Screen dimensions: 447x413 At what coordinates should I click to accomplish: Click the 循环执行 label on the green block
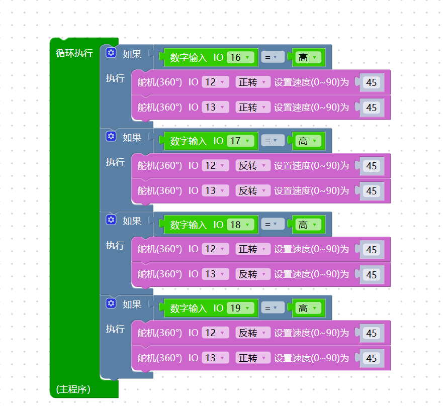[74, 53]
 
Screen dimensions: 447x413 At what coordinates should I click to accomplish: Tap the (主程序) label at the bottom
[73, 389]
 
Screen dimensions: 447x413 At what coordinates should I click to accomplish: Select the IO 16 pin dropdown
[240, 58]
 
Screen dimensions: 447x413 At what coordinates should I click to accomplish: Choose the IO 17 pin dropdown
[240, 141]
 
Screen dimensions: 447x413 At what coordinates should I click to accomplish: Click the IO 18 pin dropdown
[240, 225]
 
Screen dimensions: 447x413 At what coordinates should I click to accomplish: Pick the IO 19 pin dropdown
[240, 308]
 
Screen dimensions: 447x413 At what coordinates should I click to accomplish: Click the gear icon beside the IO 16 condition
[111, 53]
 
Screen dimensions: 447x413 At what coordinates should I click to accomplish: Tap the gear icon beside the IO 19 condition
[111, 303]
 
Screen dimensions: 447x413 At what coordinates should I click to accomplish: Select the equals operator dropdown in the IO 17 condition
[273, 141]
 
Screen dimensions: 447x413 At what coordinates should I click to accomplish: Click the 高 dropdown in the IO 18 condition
[308, 225]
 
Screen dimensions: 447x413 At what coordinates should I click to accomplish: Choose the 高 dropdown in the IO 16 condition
[308, 58]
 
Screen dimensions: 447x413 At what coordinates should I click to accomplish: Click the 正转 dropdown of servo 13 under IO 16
[253, 108]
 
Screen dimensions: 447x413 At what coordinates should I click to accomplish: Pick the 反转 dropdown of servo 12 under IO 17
[253, 166]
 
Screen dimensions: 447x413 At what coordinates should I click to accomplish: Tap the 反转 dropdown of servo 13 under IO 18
[253, 274]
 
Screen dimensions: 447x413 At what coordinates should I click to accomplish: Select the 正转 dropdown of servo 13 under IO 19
[253, 358]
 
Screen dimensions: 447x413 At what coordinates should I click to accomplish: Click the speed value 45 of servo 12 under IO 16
[372, 82]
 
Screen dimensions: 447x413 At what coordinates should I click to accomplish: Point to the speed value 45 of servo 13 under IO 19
[372, 358]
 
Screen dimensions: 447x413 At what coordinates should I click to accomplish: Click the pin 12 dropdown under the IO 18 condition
[216, 249]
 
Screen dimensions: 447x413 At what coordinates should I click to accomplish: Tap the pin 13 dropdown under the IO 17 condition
[216, 191]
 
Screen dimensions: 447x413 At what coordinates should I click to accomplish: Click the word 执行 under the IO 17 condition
[115, 162]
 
